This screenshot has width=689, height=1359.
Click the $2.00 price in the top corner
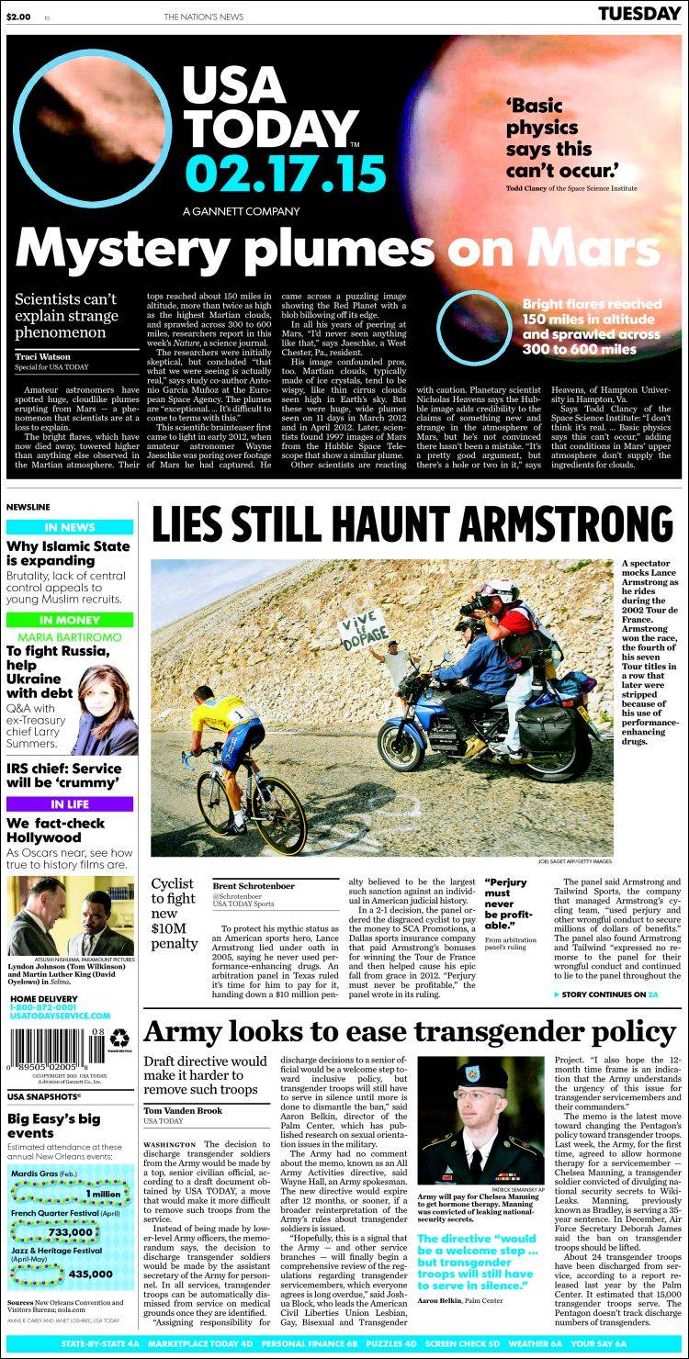[x=19, y=16]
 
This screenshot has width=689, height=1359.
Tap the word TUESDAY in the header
[x=639, y=14]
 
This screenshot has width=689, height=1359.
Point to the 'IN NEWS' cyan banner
[x=70, y=527]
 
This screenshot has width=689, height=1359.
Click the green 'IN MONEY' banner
[x=70, y=621]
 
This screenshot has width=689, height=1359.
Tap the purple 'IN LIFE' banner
[x=70, y=803]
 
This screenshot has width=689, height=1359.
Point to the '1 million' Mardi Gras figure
[x=103, y=1193]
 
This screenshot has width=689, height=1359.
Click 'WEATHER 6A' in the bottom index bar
[x=559, y=1342]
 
